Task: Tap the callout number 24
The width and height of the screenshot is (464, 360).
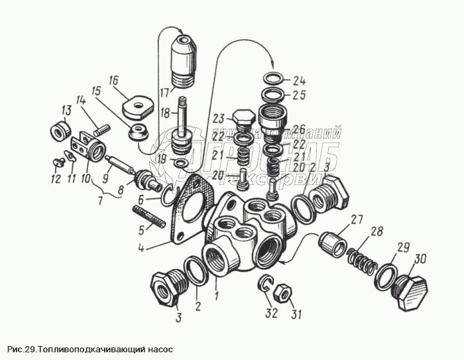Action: tap(300, 82)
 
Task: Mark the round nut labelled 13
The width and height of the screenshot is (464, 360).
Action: tap(61, 131)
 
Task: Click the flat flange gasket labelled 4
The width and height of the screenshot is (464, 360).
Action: tap(190, 206)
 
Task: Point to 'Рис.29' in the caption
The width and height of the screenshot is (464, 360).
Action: tap(21, 349)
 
